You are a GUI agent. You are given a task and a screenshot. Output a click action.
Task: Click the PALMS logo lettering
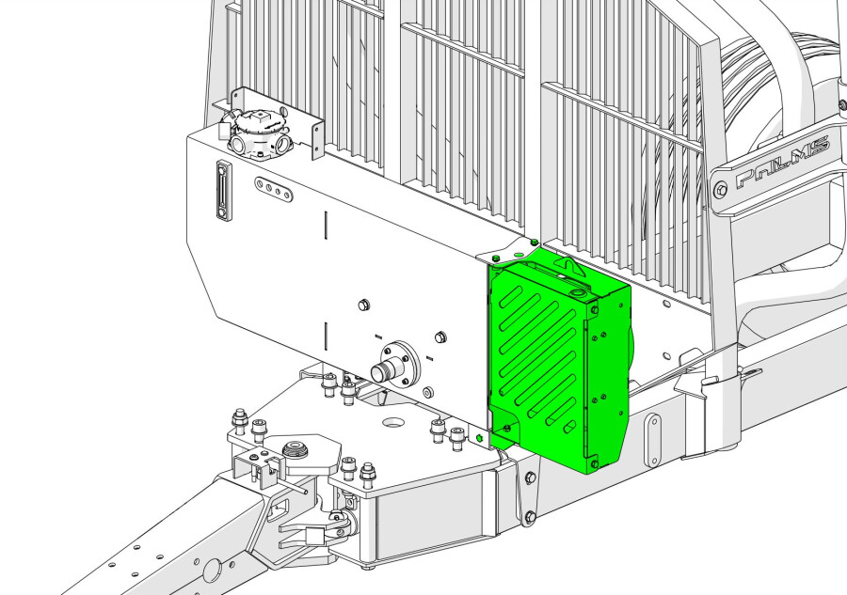pyautogui.click(x=782, y=161)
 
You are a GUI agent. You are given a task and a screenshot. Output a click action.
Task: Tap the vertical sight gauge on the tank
pyautogui.click(x=222, y=191)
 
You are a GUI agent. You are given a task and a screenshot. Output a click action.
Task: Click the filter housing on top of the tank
pyautogui.click(x=259, y=132)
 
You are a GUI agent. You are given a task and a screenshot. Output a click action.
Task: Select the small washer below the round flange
pyautogui.click(x=428, y=390)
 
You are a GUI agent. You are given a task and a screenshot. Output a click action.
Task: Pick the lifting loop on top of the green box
pyautogui.click(x=568, y=265)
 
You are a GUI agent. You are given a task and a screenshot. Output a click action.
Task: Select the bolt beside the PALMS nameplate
pyautogui.click(x=721, y=190)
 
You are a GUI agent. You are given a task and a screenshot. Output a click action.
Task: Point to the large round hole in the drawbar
pyautogui.click(x=211, y=569)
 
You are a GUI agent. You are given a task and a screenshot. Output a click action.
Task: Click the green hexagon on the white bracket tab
pyautogui.click(x=481, y=438)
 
